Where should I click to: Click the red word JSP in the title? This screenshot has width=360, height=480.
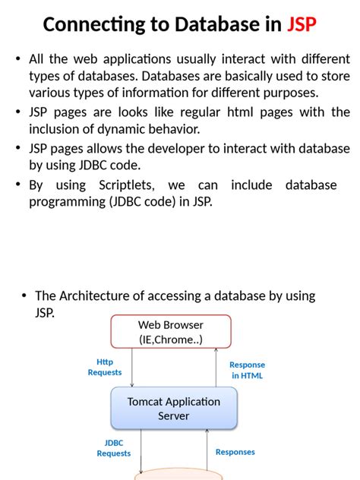click(302, 24)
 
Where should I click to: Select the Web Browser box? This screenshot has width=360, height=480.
click(171, 332)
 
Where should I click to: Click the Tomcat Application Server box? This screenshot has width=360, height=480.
click(173, 409)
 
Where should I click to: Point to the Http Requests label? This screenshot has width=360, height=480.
click(105, 367)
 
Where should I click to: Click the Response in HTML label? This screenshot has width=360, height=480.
click(247, 370)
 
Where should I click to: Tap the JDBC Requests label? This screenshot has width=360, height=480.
click(113, 447)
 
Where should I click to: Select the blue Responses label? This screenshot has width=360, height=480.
click(235, 452)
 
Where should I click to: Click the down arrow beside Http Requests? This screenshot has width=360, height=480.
click(132, 368)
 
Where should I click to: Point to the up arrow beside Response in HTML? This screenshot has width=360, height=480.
click(217, 368)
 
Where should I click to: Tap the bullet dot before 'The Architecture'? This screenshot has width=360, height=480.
click(24, 295)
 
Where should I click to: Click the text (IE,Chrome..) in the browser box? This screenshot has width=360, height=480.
click(171, 339)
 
